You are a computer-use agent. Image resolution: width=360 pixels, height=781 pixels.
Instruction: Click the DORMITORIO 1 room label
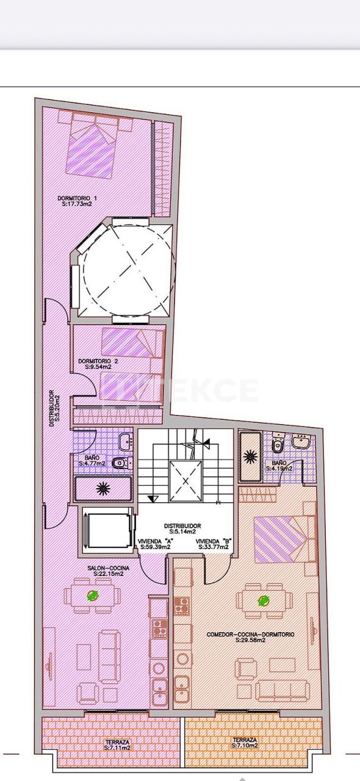point(77,201)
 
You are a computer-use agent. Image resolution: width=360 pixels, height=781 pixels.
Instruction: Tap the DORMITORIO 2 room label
point(98,364)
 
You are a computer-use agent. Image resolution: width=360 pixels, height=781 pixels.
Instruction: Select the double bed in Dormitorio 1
point(92,148)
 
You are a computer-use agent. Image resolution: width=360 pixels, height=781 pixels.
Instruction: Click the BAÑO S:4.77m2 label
point(92,461)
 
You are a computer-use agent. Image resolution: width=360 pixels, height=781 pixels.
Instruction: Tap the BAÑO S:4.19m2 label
point(279,466)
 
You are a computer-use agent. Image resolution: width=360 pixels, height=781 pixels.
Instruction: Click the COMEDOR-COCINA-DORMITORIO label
point(250,638)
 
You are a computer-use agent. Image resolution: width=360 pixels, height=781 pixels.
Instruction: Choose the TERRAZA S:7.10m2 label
point(245,743)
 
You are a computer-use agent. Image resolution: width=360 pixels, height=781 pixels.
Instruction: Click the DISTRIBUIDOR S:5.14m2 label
point(182,528)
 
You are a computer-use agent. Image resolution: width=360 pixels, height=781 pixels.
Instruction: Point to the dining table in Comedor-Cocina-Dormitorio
point(264,600)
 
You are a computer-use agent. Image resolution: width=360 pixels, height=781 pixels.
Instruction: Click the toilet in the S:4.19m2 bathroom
point(278,445)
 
